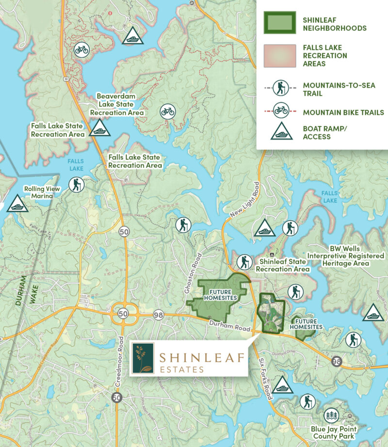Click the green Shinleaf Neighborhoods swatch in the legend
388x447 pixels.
coord(279,23)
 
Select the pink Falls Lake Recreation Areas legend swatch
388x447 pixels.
coord(279,56)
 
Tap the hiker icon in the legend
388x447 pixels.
coord(281,88)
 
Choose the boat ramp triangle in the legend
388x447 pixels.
coord(281,132)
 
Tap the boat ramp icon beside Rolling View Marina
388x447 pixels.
coord(17,204)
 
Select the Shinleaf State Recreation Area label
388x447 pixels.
coord(283,265)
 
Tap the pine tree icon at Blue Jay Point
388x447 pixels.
coord(332,415)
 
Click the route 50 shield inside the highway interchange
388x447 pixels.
coord(124,314)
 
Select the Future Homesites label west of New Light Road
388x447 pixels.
coord(220,295)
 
